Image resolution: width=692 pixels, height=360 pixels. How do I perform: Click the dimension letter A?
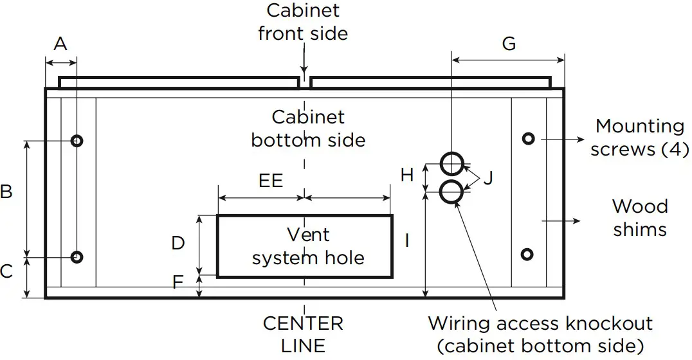point(60,44)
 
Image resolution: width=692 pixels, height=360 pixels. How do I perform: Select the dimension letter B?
point(6,192)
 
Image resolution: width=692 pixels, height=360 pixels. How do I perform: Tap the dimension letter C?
point(6,272)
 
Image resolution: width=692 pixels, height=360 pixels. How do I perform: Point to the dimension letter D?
point(178,243)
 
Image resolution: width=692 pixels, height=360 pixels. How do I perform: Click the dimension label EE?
point(271,181)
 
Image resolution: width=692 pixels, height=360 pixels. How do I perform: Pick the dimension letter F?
point(178,281)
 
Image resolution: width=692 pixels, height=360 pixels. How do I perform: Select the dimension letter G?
point(508,44)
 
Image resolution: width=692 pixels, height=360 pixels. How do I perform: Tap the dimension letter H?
point(406,175)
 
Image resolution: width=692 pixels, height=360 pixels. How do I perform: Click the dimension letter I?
point(406,240)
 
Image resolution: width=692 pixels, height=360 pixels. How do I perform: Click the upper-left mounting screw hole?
point(77,141)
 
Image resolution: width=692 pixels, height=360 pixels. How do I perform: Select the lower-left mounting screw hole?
point(77,257)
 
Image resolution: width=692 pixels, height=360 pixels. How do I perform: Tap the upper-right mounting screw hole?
point(528,138)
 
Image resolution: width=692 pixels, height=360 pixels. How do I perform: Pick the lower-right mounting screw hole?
point(527,255)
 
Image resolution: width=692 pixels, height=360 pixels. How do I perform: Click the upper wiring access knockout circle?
point(452,164)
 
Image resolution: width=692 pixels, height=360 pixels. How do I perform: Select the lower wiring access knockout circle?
point(452,191)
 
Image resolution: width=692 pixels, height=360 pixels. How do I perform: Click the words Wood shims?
point(639,218)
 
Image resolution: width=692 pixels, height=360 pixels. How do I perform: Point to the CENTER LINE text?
point(303,334)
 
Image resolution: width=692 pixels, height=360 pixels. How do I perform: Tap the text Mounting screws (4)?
point(639,138)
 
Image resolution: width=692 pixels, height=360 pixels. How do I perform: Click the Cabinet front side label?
point(303,22)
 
